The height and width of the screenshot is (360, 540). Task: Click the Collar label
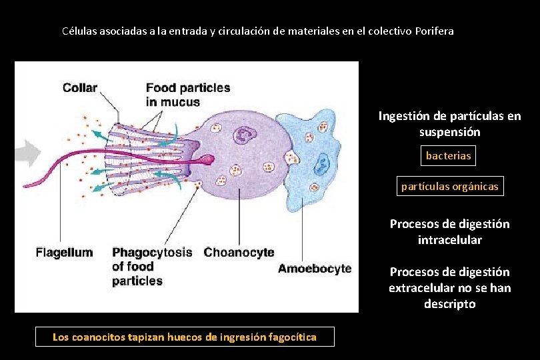[80, 88]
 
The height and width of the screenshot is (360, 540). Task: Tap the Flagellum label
[64, 253]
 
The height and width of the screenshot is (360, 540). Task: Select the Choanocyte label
[239, 253]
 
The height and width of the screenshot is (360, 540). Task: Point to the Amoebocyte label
[314, 269]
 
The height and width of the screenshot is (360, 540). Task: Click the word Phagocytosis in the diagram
[152, 253]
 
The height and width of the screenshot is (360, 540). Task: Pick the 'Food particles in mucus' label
[187, 95]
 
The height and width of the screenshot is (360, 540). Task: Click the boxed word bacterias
[449, 156]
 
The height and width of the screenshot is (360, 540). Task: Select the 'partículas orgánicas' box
[449, 187]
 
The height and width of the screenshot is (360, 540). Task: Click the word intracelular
[449, 239]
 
